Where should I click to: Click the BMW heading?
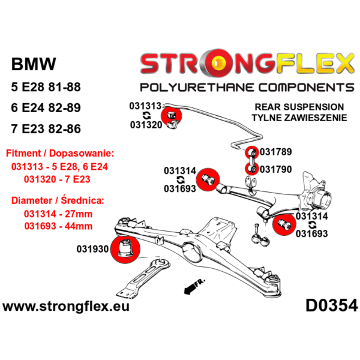[34, 65]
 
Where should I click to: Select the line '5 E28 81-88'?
[46, 88]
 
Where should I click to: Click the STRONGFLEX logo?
[247, 62]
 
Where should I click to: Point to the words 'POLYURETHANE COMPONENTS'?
[247, 87]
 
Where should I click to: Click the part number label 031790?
[276, 169]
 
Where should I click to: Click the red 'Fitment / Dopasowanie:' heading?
[59, 154]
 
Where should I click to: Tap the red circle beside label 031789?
[251, 152]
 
